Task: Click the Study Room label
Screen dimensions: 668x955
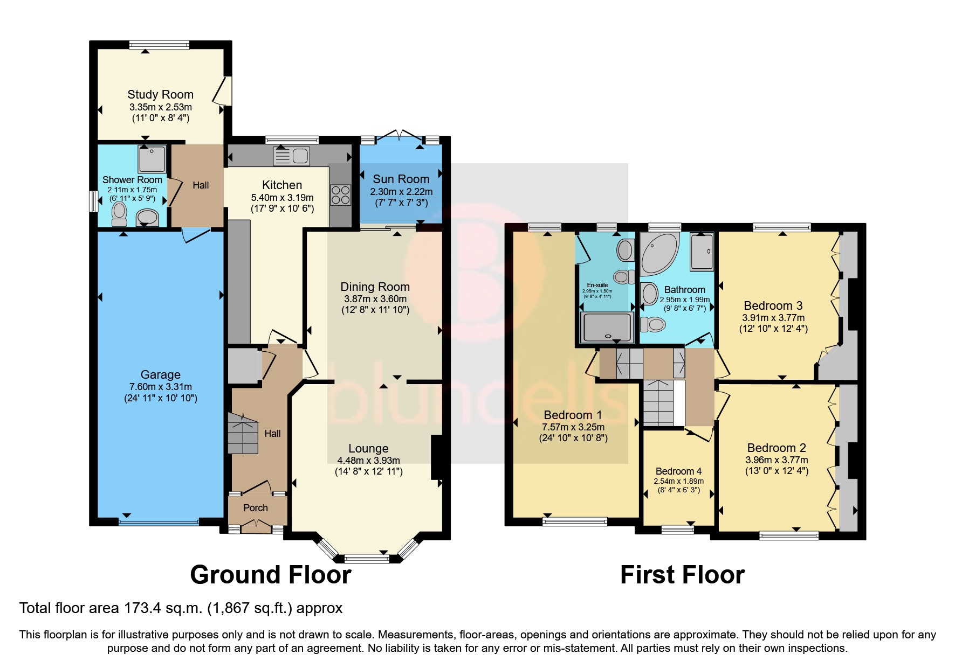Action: pyautogui.click(x=160, y=95)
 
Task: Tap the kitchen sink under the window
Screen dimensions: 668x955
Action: pyautogui.click(x=292, y=156)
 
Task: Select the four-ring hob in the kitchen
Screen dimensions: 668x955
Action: pyautogui.click(x=341, y=195)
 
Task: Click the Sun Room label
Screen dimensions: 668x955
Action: pyautogui.click(x=401, y=179)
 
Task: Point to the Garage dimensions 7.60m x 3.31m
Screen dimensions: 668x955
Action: pyautogui.click(x=160, y=387)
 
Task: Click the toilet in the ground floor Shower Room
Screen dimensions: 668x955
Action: pyautogui.click(x=119, y=214)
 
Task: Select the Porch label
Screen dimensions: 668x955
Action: pyautogui.click(x=256, y=508)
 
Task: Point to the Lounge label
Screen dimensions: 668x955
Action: pyautogui.click(x=368, y=449)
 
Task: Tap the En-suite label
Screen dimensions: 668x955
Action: pyautogui.click(x=597, y=285)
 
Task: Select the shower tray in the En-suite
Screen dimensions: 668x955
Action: pyautogui.click(x=607, y=328)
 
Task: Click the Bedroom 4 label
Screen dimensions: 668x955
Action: pyautogui.click(x=678, y=471)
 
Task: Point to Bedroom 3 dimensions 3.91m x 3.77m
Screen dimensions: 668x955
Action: pyautogui.click(x=773, y=318)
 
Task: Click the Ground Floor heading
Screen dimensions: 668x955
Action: pyautogui.click(x=271, y=575)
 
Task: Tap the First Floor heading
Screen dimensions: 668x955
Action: pyautogui.click(x=682, y=575)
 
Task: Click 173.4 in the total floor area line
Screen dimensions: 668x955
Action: pyautogui.click(x=142, y=608)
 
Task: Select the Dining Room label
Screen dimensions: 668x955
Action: pyautogui.click(x=375, y=287)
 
